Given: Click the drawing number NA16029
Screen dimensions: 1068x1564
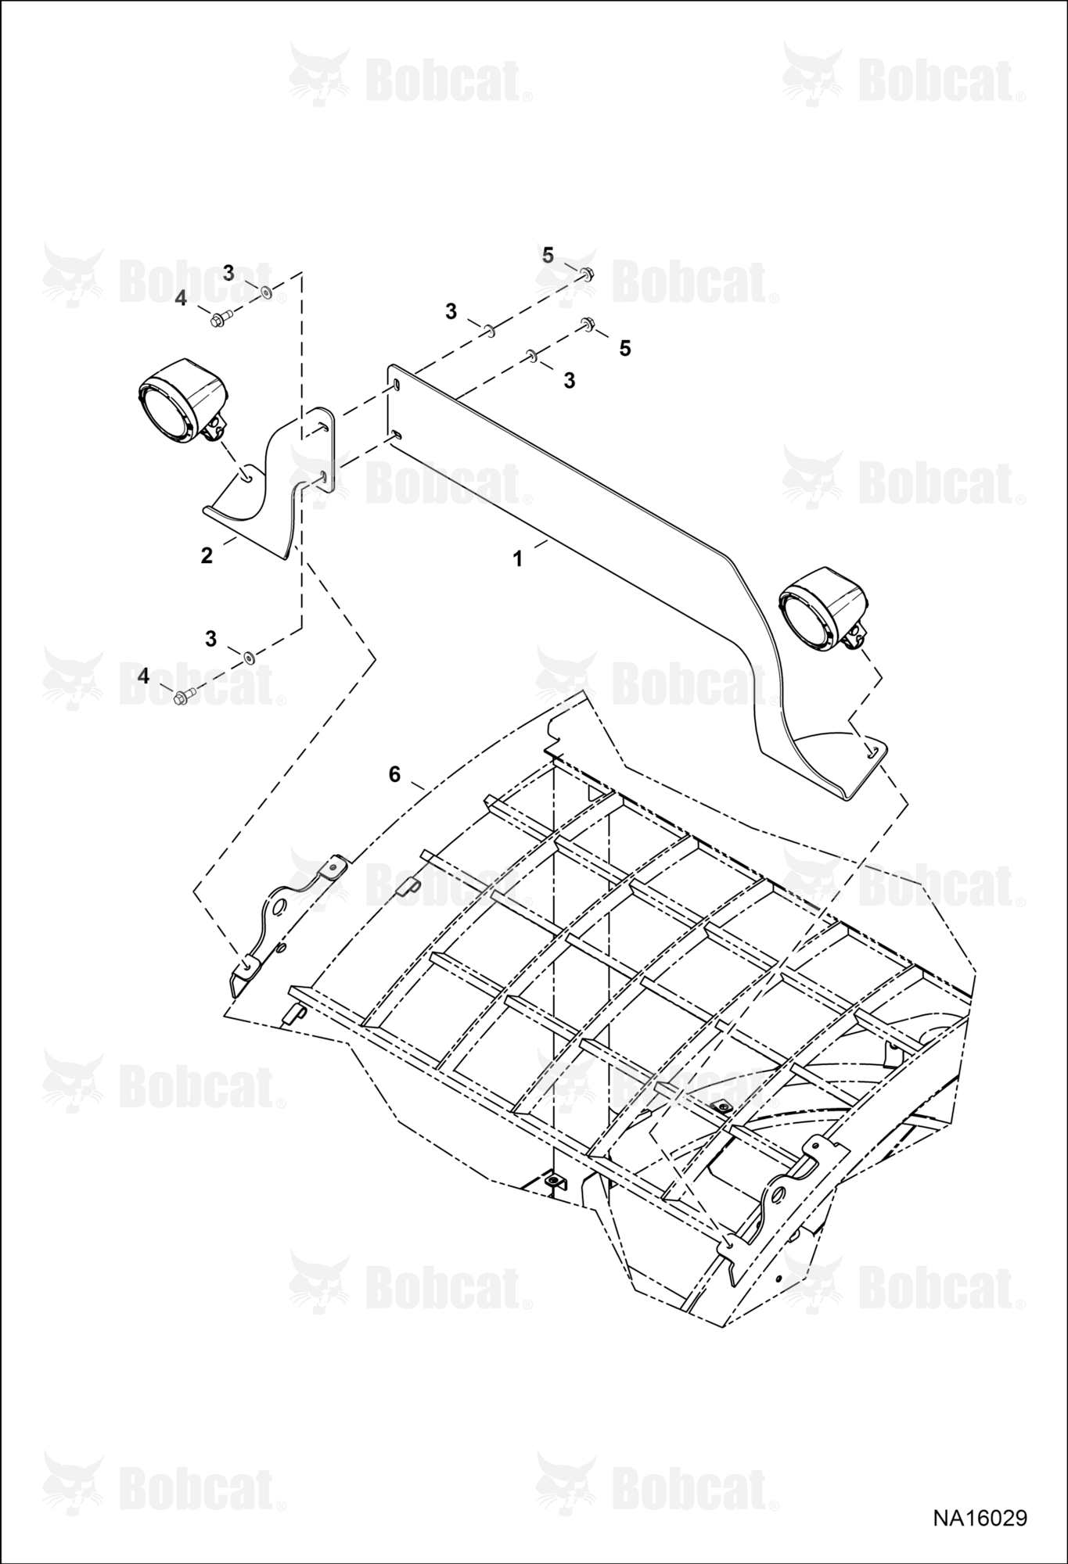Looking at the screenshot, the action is (979, 1518).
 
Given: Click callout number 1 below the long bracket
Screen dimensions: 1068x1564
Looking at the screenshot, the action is (517, 559).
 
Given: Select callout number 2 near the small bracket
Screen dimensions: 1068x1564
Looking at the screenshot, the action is (207, 555).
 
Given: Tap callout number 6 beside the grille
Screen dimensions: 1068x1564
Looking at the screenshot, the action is (394, 774).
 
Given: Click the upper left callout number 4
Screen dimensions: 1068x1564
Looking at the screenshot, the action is (181, 298).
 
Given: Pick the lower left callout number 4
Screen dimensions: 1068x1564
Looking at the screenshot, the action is (143, 676).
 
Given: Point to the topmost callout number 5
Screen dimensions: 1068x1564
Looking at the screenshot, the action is (548, 255).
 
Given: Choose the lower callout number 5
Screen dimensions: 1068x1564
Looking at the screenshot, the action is (624, 348).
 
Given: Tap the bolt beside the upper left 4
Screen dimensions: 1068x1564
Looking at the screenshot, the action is (219, 317).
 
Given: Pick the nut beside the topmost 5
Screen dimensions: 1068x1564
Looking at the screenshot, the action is (588, 274).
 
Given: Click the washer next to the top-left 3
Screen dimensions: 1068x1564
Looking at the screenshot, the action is (267, 292).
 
